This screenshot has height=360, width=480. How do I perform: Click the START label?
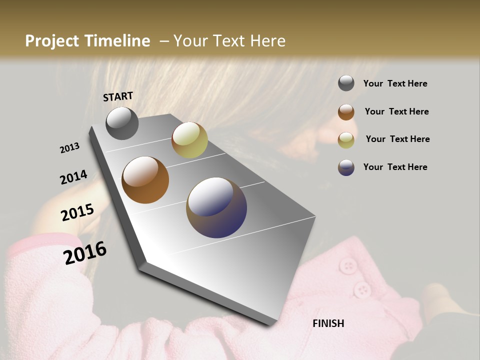pyautogui.click(x=118, y=96)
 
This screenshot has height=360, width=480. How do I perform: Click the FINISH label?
pyautogui.click(x=328, y=323)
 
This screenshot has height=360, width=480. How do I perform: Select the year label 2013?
pyautogui.click(x=70, y=148)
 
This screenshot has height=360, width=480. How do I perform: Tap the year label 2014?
pyautogui.click(x=74, y=177)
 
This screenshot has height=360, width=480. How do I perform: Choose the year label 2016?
pyautogui.click(x=85, y=253)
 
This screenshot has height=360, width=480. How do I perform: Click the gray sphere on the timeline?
pyautogui.click(x=122, y=123)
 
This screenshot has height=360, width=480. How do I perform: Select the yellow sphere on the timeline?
pyautogui.click(x=189, y=140)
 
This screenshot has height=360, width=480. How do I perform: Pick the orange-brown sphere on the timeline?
pyautogui.click(x=145, y=180)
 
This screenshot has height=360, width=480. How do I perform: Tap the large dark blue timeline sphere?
pyautogui.click(x=216, y=207)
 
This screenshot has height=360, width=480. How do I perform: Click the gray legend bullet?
pyautogui.click(x=346, y=83)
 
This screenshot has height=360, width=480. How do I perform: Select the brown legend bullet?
pyautogui.click(x=346, y=112)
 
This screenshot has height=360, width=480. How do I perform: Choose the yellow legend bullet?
pyautogui.click(x=346, y=140)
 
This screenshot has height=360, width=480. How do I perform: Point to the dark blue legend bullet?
pyautogui.click(x=346, y=167)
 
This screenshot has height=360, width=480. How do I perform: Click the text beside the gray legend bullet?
pyautogui.click(x=395, y=84)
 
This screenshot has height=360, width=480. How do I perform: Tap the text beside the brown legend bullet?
pyautogui.click(x=396, y=112)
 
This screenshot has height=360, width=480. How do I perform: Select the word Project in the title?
pyautogui.click(x=51, y=41)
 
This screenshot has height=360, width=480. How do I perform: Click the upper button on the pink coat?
pyautogui.click(x=347, y=265)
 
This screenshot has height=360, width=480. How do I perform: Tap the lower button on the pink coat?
pyautogui.click(x=361, y=289)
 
